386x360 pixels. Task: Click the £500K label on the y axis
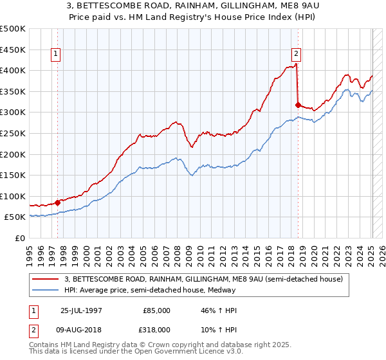pyautogui.click(x=13, y=29)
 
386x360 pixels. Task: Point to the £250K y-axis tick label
pyautogui.click(x=13, y=133)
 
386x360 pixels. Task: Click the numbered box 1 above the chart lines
pyautogui.click(x=57, y=55)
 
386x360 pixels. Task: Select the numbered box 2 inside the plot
pyautogui.click(x=297, y=55)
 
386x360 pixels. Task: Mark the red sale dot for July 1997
pyautogui.click(x=58, y=203)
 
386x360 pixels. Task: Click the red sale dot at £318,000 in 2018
pyautogui.click(x=298, y=105)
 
